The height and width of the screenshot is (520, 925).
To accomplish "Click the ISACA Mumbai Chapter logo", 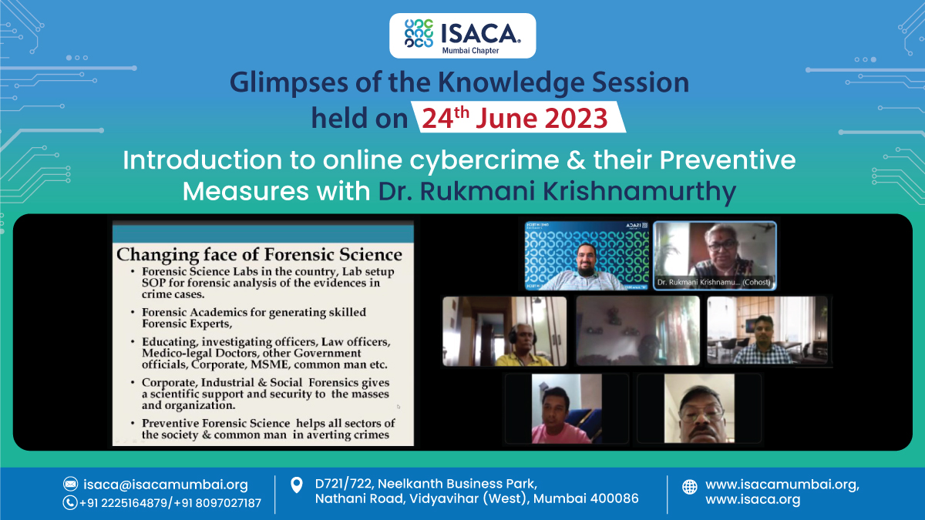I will (462, 35).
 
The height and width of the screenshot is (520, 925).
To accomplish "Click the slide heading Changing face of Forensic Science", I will (259, 254).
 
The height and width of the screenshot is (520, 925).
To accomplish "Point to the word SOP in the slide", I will (155, 283).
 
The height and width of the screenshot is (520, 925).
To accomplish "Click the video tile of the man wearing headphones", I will (504, 331).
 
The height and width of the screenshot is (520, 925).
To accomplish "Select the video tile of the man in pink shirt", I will (566, 408).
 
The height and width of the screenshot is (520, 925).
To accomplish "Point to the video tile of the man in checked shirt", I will (767, 331).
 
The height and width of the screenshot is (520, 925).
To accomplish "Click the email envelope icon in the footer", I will (70, 485).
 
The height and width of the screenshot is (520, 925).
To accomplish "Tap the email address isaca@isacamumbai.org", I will (166, 485).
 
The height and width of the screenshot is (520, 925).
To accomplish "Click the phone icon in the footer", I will (70, 503).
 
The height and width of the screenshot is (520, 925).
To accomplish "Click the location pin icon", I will (296, 485).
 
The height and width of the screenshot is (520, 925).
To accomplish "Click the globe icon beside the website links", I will (690, 487).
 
